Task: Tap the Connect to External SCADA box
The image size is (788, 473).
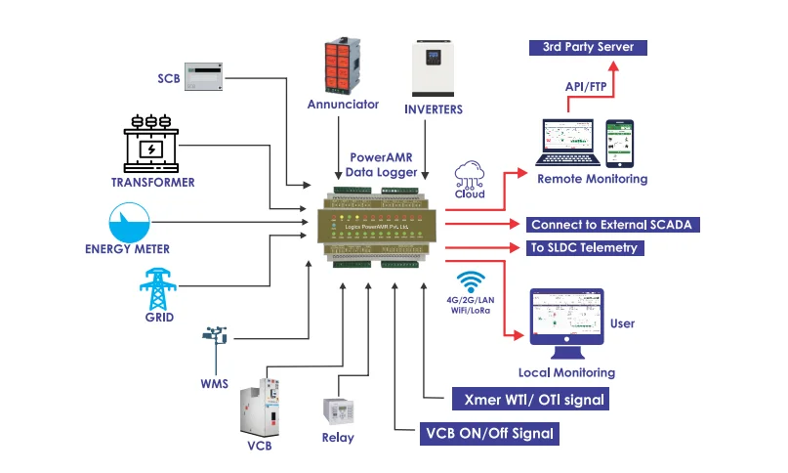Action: click(x=611, y=225)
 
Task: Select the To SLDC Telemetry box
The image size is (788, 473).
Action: click(x=584, y=248)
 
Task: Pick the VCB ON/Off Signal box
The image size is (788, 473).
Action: click(x=488, y=433)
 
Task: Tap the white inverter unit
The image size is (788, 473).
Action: click(x=433, y=64)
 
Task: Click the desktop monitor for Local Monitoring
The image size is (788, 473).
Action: click(x=566, y=322)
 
